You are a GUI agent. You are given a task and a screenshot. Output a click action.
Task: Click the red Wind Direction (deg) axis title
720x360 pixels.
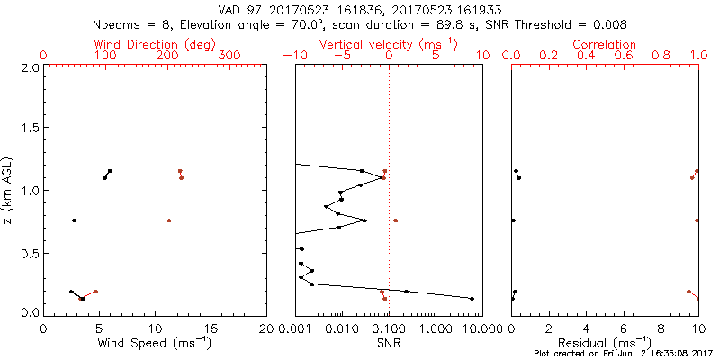154,44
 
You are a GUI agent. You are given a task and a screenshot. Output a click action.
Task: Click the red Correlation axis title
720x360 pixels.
605,44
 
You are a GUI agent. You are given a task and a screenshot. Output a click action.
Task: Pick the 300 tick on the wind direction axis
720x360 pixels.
230,55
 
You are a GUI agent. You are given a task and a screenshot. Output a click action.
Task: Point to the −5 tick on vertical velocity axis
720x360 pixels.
339,55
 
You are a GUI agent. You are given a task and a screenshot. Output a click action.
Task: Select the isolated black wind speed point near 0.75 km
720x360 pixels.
75,220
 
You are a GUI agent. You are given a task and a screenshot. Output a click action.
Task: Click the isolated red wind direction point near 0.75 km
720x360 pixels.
169,220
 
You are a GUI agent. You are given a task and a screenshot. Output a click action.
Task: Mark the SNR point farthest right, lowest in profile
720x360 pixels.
472,299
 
